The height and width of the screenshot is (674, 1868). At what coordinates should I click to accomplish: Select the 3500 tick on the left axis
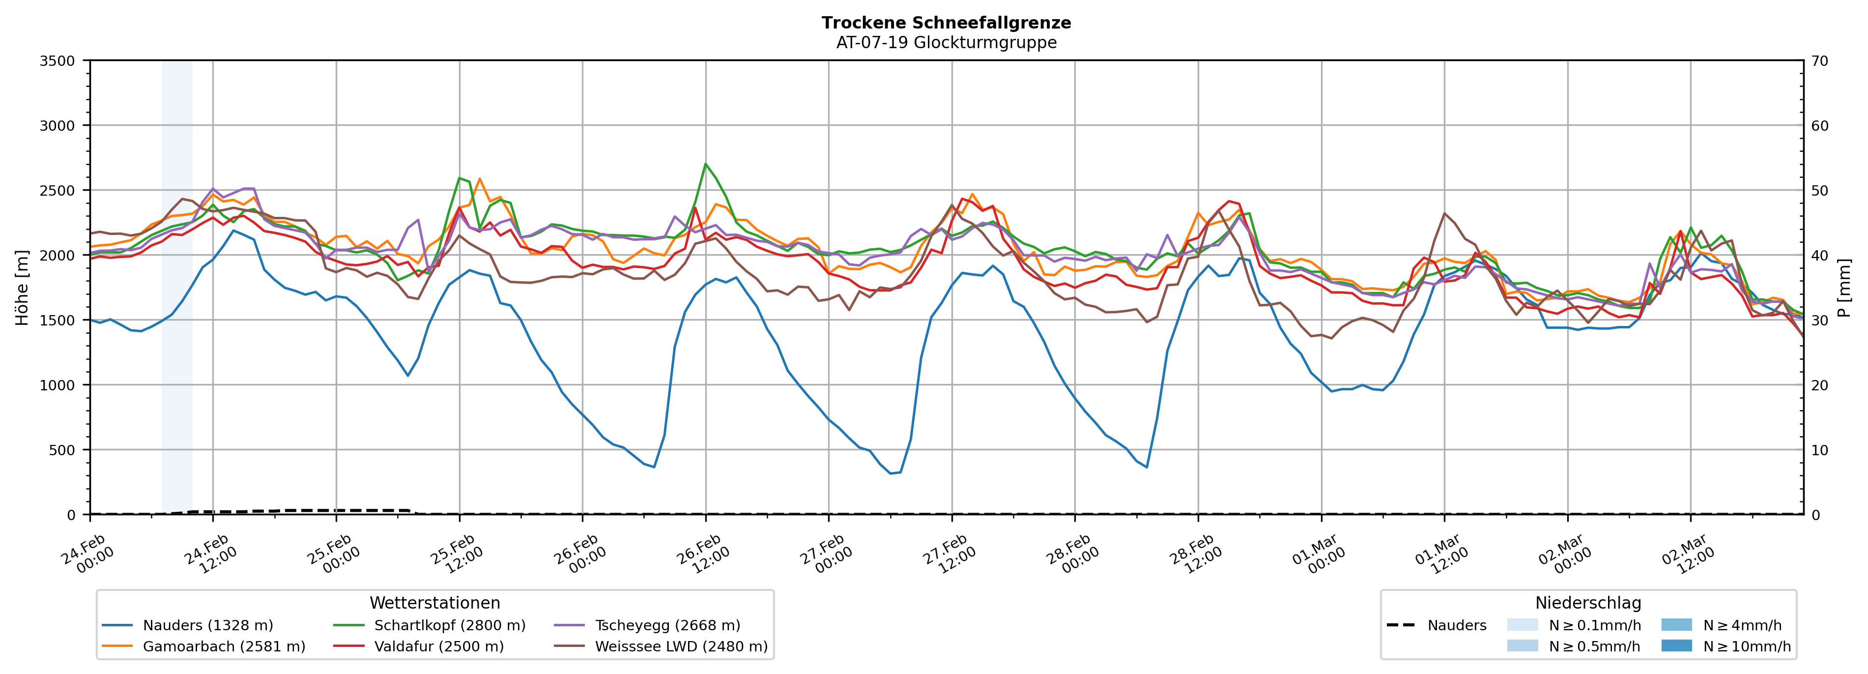pyautogui.click(x=57, y=61)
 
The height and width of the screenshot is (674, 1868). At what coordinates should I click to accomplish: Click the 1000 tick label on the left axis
pyautogui.click(x=57, y=385)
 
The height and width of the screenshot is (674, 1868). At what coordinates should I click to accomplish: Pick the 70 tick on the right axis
pyautogui.click(x=1819, y=61)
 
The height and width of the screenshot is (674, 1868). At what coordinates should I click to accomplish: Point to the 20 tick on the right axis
pyautogui.click(x=1819, y=385)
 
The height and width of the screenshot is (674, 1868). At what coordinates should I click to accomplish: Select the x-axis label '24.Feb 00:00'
pyautogui.click(x=86, y=554)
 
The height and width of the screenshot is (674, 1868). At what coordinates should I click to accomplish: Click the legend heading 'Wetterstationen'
pyautogui.click(x=434, y=603)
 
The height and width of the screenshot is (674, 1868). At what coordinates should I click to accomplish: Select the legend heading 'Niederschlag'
pyautogui.click(x=1587, y=603)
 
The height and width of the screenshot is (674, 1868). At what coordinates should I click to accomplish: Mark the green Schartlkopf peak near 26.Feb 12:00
pyautogui.click(x=706, y=164)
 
